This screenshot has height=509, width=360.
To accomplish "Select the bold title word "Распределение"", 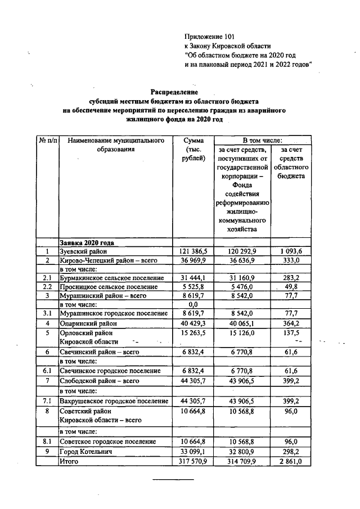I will tap(174, 92).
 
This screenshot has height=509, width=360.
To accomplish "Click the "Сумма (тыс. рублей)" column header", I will tap(193, 149).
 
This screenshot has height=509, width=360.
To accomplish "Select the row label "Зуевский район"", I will tap(83, 251).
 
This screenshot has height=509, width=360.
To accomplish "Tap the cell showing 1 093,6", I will tap(291, 251).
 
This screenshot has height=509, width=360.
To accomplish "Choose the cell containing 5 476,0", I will tap(243, 287).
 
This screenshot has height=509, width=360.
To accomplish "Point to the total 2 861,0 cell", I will tap(291, 461).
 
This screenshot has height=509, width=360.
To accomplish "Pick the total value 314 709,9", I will tap(243, 461).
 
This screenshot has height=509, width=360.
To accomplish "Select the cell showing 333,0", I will tap(291, 260).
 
